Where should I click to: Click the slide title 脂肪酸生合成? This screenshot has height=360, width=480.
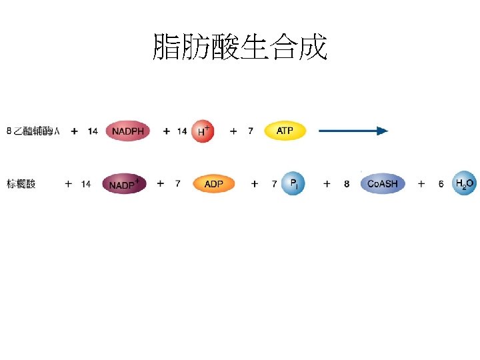240,47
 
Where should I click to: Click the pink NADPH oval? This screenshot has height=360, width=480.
128,131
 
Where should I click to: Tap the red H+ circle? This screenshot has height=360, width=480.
203,131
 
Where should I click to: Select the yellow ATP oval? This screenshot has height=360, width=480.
285,131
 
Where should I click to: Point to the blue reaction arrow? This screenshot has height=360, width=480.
353,131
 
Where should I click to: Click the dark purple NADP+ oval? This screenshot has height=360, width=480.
124,184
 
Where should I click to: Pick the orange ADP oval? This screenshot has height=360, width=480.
214,184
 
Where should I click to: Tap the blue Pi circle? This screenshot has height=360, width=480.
293,183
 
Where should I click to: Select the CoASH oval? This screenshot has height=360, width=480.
382,183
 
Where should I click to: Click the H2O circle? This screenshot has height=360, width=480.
464,183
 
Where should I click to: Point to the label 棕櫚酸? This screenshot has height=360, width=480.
21,184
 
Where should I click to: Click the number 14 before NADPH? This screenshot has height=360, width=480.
93,131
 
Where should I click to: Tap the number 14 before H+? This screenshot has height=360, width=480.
182,131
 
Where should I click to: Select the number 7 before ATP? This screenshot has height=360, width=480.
251,131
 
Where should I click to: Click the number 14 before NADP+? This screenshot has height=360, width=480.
86,184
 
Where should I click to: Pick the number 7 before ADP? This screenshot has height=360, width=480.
177,184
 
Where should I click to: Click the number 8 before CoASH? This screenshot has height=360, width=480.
347,184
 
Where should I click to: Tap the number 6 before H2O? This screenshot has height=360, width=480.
441,184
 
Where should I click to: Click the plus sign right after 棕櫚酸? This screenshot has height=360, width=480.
68,184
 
